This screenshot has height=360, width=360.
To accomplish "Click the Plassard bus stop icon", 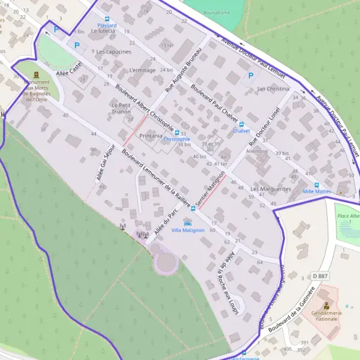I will coord(107,19).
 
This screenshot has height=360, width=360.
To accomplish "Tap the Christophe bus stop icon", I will coord(176,132).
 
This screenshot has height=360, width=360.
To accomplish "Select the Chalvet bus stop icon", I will coord(241,124).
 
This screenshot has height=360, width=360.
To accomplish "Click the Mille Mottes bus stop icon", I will coord(317,185).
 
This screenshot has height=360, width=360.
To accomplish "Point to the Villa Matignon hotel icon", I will coord(188,223).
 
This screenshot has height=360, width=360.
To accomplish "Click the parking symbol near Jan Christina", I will coord(251,76).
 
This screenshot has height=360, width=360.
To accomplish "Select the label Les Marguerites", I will coord(271,189).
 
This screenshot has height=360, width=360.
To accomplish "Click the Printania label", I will coord(151,136).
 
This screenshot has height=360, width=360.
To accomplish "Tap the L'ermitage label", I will coord(142,70).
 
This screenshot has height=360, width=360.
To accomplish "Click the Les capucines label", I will coord(113,52).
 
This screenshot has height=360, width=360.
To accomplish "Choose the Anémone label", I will coord(257,151).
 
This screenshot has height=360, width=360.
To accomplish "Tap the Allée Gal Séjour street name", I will coord(103,161).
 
